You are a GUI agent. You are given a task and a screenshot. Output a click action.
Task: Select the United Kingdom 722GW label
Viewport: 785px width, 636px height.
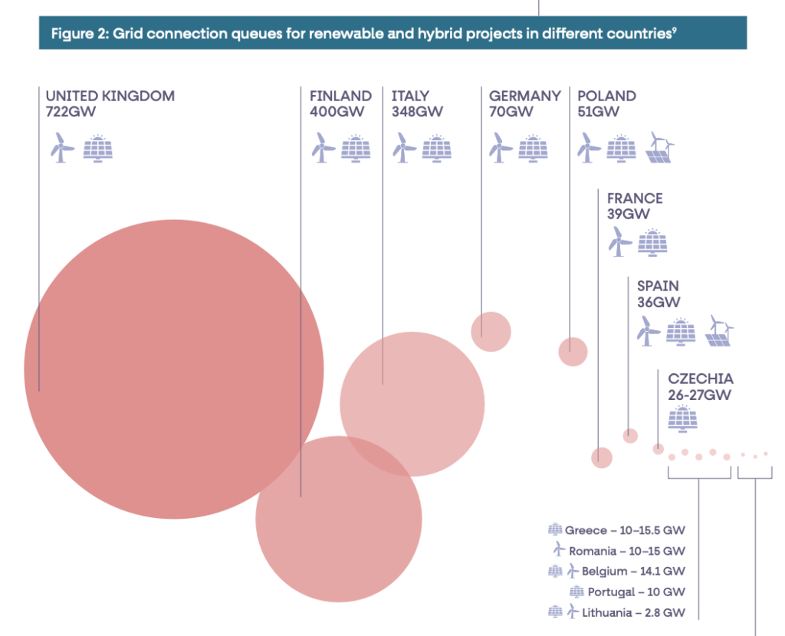[x=110, y=103]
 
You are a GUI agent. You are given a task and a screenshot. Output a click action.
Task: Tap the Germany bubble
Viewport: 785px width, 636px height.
[x=491, y=331]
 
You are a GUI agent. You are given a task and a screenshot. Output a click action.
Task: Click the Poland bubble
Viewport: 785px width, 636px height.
[x=573, y=351]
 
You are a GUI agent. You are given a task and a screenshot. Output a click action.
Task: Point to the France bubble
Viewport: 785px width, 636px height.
[x=602, y=457]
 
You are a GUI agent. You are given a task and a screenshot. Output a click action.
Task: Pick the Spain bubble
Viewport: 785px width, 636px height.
[x=630, y=435]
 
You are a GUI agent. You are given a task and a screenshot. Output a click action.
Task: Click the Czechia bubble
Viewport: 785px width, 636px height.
[x=658, y=448]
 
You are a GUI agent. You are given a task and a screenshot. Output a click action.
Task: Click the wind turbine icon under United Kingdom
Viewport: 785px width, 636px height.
[x=61, y=147]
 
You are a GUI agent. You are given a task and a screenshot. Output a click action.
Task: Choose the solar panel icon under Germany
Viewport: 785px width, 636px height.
[x=533, y=148]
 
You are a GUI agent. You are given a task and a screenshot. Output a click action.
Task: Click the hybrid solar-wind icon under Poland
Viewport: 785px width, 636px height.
[x=660, y=147]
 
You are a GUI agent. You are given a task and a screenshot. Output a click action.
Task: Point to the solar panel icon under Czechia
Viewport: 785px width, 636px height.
[x=682, y=418]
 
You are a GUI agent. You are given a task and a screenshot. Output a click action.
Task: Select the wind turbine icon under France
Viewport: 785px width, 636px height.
[x=619, y=241]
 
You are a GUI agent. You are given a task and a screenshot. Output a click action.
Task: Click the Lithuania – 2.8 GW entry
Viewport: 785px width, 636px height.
[x=633, y=612]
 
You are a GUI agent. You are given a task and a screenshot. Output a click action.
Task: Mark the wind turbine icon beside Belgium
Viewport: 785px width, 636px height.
[x=572, y=571]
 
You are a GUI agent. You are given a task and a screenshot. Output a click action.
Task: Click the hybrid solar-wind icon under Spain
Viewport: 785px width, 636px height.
[x=719, y=331]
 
